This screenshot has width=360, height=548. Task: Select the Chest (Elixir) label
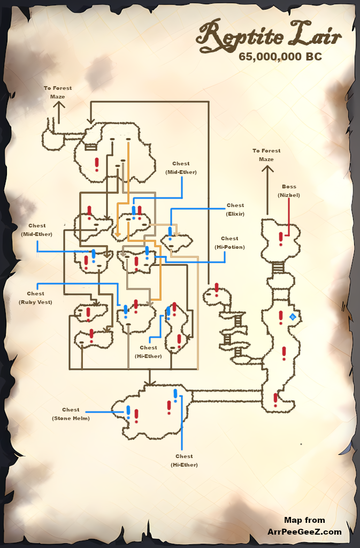[x=235, y=209]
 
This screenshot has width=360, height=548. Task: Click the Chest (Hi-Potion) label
[x=229, y=242]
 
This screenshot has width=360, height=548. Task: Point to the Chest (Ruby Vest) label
[x=36, y=298]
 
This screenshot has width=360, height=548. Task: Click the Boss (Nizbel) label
[x=289, y=191]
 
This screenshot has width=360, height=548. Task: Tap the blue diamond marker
[x=293, y=317]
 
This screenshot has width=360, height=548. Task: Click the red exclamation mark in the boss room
[x=281, y=238]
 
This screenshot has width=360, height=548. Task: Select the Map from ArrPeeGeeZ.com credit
[x=304, y=526]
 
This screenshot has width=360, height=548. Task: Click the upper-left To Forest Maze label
[x=58, y=92]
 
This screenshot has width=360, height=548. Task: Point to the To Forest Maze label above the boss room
[x=266, y=155]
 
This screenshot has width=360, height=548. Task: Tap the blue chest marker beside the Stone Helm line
[x=128, y=412]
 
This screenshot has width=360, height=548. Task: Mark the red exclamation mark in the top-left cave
[x=97, y=163]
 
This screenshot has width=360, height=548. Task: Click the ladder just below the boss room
[x=278, y=267]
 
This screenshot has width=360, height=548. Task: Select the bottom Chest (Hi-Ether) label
[x=184, y=460]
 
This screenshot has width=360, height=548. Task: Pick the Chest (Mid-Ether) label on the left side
[x=37, y=230]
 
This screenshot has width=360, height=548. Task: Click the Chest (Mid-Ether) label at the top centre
[x=181, y=168]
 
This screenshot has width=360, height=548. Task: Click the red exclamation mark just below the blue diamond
[x=284, y=353]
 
